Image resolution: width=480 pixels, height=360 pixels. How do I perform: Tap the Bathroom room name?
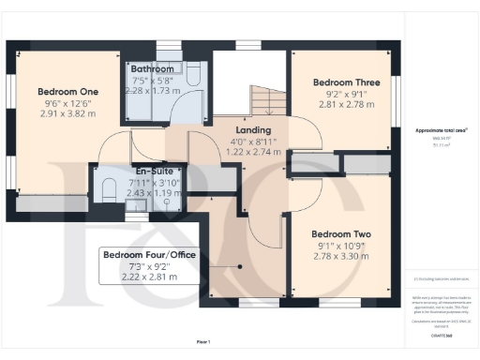(152, 69)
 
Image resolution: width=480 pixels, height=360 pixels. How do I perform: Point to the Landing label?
(252, 129)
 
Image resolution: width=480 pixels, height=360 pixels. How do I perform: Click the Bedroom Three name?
(346, 82)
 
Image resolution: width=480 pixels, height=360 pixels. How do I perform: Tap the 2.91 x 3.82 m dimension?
(67, 113)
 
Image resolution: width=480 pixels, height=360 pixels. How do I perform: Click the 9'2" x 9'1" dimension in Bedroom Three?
(345, 94)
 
